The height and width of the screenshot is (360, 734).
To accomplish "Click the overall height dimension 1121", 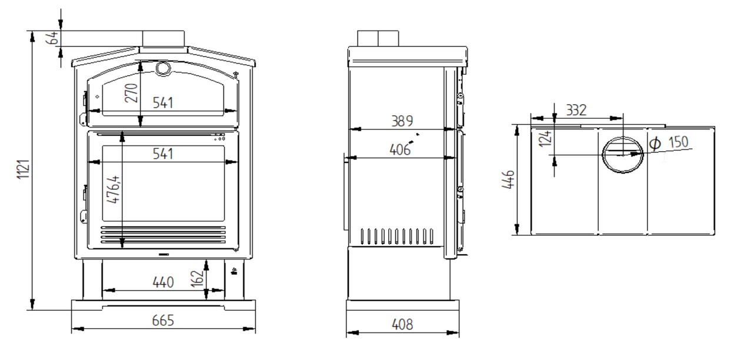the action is coord(24,169).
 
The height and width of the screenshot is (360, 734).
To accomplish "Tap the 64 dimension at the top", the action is coord(52,38).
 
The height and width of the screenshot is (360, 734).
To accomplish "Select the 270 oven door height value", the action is coord(131,93).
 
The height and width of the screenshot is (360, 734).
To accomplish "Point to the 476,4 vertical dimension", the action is coord(114,189).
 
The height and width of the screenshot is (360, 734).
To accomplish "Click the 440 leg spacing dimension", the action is coord(163,282).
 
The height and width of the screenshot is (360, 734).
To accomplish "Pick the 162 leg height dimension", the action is coord(197,279).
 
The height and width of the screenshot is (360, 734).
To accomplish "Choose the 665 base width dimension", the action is coord(163,321).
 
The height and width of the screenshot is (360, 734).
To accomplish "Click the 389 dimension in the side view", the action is coord(402,121).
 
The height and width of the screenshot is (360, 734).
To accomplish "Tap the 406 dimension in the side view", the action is coord(400,150).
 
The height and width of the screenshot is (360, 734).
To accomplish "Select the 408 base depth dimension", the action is coord(402,325).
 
